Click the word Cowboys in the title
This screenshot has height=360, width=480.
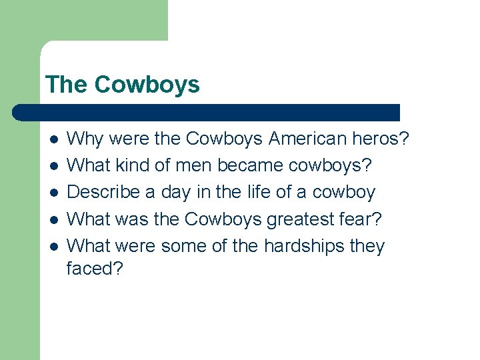click(147, 85)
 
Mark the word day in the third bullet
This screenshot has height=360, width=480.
click(176, 193)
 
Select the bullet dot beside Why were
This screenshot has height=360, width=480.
click(54, 140)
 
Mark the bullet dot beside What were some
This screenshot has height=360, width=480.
click(54, 247)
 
